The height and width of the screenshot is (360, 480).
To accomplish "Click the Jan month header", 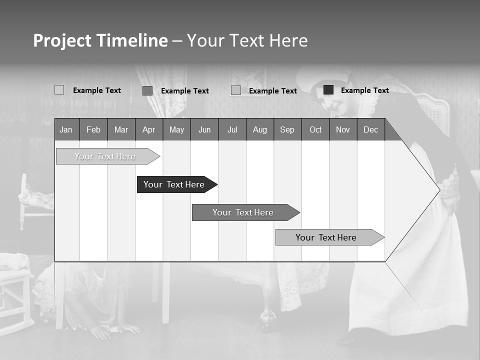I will [66, 130].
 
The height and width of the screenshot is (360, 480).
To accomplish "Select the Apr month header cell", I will [149, 130].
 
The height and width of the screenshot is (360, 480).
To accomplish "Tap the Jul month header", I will [232, 130].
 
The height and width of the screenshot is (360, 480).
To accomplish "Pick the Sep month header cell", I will [287, 130].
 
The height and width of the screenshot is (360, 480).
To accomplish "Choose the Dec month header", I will [371, 130].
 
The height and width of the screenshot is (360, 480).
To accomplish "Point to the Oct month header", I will [315, 130].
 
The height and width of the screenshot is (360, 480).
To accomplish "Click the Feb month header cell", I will [93, 130].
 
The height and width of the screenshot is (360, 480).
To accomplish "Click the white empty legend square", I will [59, 90].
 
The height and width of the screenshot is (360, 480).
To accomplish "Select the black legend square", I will [328, 90].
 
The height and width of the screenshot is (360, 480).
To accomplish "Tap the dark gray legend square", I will [147, 90].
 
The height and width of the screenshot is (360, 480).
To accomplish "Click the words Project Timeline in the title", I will [100, 40].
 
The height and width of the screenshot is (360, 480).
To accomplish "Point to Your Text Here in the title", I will [247, 40].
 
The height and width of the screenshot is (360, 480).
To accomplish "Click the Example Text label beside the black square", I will [365, 90].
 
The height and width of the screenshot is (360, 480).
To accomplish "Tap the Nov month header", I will [343, 130].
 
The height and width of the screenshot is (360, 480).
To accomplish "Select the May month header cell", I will [176, 130].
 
